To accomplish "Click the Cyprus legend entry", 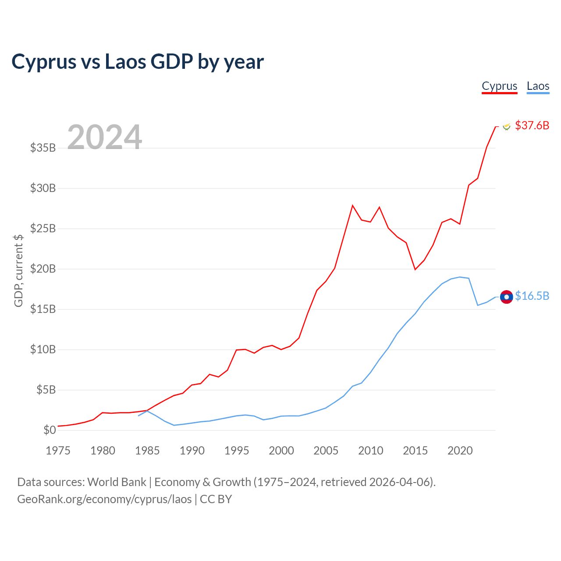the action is (x=499, y=86).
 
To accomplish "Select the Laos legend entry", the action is (x=538, y=86).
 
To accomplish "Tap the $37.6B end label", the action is (x=532, y=125).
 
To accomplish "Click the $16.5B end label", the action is (x=532, y=296).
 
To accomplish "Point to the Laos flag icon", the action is (x=506, y=297).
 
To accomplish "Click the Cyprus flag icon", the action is (x=507, y=126).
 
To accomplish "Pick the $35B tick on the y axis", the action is (x=43, y=148).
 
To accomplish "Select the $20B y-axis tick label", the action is (x=43, y=269).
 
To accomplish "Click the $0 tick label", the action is (x=50, y=430).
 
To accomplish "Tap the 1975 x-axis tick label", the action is (x=58, y=451).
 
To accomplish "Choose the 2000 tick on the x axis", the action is (x=281, y=451).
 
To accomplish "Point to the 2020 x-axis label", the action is (x=460, y=451).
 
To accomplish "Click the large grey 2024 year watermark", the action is (x=104, y=137).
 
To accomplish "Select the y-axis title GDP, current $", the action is (x=18, y=271).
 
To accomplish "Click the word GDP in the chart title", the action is (x=172, y=61).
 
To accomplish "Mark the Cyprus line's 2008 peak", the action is (x=352, y=206).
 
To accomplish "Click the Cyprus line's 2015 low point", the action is (x=415, y=270).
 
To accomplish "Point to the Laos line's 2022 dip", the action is (x=478, y=305).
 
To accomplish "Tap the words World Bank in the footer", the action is (x=117, y=482).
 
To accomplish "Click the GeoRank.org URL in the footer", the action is (x=104, y=499).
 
